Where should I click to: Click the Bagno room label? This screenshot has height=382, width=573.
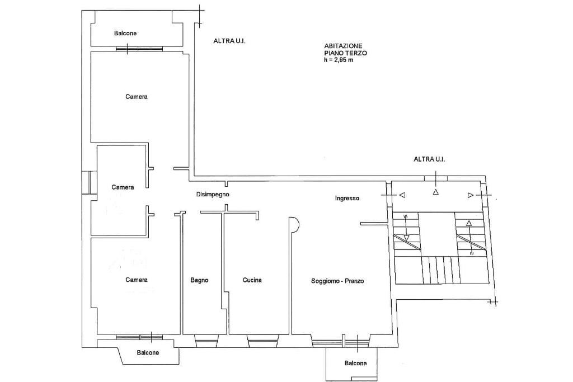(x=199, y=280)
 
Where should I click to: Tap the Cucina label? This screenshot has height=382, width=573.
(x=252, y=280)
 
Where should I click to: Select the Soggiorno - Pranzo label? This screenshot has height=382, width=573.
(x=337, y=281)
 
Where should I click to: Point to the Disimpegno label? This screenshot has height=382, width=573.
(x=213, y=194)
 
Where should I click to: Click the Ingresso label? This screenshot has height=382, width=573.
(x=347, y=198)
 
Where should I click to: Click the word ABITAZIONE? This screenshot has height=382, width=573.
(x=343, y=46)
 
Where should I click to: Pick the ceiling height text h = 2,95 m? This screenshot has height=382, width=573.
(x=339, y=59)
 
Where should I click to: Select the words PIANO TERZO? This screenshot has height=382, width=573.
(x=345, y=53)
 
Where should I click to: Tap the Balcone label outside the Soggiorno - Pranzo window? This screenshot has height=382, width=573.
(x=355, y=363)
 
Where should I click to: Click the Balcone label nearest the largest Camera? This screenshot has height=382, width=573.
(x=125, y=33)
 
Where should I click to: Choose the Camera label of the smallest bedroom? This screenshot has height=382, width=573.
(x=123, y=187)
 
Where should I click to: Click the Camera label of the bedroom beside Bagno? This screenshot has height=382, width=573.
(x=137, y=280)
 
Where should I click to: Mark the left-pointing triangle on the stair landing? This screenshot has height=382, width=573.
(x=402, y=195)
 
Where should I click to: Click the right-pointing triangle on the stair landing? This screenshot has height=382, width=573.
(x=471, y=195)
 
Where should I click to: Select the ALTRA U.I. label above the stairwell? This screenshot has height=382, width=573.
(x=429, y=159)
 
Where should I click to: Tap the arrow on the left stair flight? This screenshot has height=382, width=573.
(x=406, y=228)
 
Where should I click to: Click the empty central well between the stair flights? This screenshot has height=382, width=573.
(x=436, y=234)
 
